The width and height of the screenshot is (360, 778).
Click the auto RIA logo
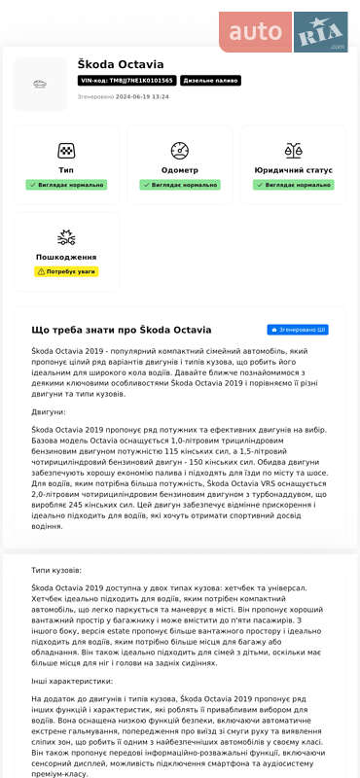(x=282, y=31)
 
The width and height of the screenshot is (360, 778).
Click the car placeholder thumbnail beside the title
(x=40, y=85)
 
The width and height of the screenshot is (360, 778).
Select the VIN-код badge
(x=126, y=82)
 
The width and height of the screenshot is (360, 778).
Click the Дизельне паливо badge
(x=210, y=82)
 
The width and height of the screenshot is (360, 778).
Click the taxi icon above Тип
(x=66, y=151)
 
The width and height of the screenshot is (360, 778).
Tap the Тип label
(x=66, y=170)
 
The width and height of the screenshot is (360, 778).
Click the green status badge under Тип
(x=66, y=184)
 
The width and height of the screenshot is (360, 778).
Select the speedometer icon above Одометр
(x=179, y=151)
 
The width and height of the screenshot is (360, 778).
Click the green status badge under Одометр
(x=179, y=184)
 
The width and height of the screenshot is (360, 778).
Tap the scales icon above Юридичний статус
(x=292, y=151)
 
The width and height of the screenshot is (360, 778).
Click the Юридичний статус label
(x=292, y=170)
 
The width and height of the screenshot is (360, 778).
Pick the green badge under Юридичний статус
(x=292, y=184)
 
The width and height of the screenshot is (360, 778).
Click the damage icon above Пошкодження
(x=66, y=237)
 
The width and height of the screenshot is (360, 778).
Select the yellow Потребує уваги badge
(x=66, y=271)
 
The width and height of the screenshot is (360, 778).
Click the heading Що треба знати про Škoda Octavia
(x=122, y=331)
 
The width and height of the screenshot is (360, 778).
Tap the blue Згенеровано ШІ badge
(x=297, y=331)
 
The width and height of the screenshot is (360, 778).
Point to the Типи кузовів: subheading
(x=56, y=570)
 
